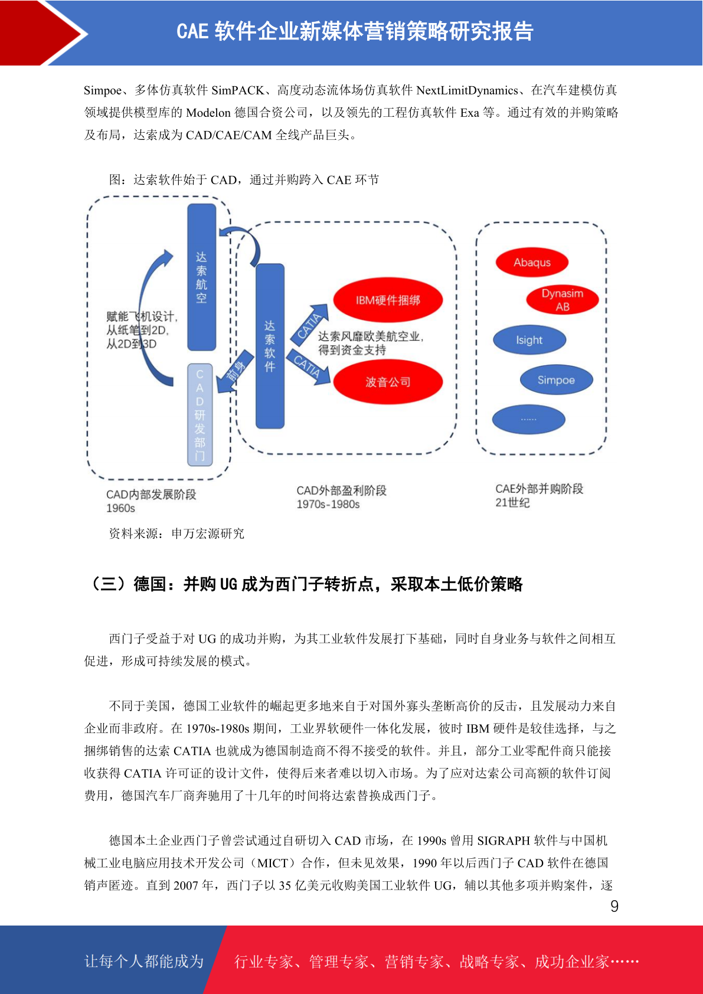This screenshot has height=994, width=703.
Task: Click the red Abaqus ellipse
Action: click(532, 262)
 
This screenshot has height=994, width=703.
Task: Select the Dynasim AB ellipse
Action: click(563, 299)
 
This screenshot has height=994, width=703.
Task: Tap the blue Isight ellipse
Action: click(529, 340)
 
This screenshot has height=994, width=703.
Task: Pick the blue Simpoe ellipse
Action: click(557, 380)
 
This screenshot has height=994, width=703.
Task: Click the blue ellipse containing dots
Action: click(529, 419)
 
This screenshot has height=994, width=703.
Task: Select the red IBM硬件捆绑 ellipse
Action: click(388, 300)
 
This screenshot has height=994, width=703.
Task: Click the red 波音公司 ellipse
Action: click(388, 382)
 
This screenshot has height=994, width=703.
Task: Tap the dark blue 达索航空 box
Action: click(201, 277)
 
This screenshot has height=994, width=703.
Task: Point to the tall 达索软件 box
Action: click(270, 346)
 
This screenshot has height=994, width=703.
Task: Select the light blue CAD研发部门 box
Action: click(200, 414)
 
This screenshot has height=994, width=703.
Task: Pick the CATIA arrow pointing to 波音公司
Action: click(309, 366)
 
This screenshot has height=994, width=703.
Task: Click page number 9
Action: click(614, 906)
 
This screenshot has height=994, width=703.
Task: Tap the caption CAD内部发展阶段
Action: click(151, 494)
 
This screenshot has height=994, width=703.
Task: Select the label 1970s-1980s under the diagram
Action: click(328, 504)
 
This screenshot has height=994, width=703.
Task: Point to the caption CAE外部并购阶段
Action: click(539, 489)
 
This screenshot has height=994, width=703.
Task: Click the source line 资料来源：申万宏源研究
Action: click(176, 533)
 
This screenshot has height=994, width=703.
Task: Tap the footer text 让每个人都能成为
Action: click(144, 961)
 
